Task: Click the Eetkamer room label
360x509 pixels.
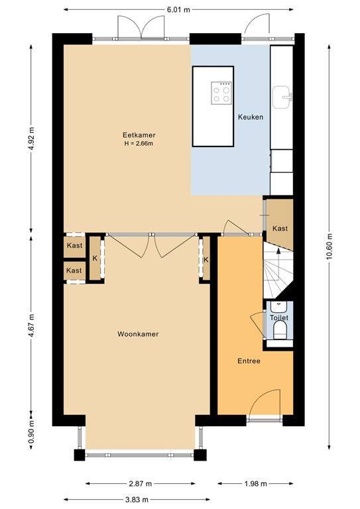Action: click(x=139, y=135)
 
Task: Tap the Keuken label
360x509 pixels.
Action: click(x=251, y=117)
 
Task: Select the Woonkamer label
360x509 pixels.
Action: click(x=138, y=334)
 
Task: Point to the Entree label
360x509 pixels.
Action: click(x=249, y=361)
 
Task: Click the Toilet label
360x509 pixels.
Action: click(x=279, y=318)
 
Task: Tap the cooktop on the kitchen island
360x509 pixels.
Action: click(x=221, y=93)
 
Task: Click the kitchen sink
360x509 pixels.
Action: click(x=282, y=97)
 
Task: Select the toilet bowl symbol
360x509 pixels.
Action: click(x=280, y=331)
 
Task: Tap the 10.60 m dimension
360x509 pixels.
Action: click(x=329, y=247)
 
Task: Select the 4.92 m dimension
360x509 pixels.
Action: click(x=31, y=139)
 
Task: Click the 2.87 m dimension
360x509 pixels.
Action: click(x=141, y=484)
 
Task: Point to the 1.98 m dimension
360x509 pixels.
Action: click(x=255, y=484)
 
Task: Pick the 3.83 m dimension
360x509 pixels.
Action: click(x=137, y=499)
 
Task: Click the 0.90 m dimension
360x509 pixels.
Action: click(x=31, y=431)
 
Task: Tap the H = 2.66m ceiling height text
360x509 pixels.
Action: click(x=139, y=143)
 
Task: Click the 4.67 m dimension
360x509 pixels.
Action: click(x=31, y=325)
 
